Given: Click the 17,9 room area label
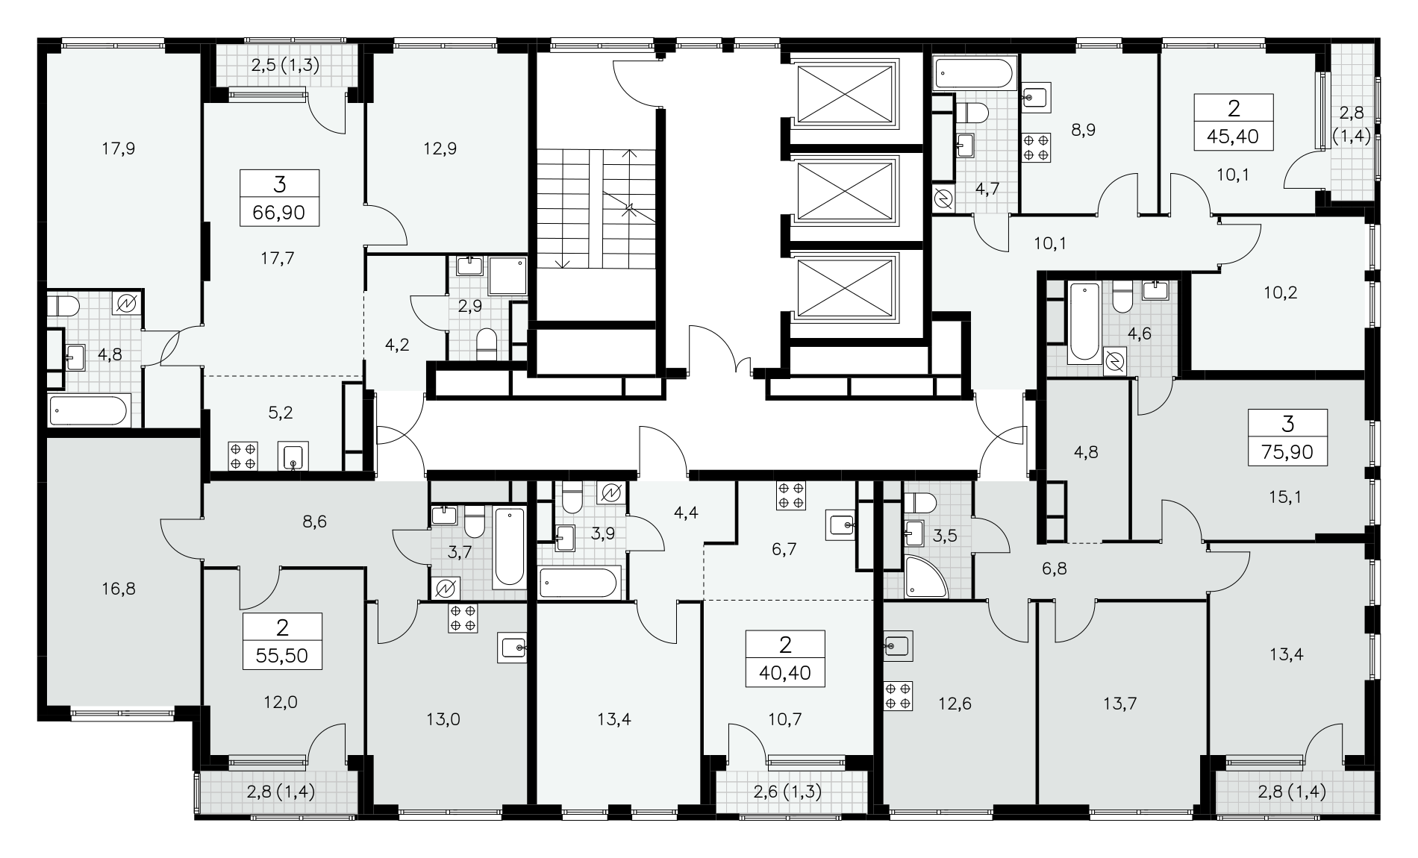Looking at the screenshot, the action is pyautogui.click(x=119, y=148).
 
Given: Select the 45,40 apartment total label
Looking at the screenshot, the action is pyautogui.click(x=1233, y=137).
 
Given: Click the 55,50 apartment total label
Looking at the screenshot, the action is pyautogui.click(x=282, y=657).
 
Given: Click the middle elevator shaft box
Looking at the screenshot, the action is pyautogui.click(x=846, y=191).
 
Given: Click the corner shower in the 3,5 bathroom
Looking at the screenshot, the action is pyautogui.click(x=926, y=577).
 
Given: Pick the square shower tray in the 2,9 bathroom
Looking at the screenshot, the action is pyautogui.click(x=507, y=275).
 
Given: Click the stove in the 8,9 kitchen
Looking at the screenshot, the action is pyautogui.click(x=1035, y=145).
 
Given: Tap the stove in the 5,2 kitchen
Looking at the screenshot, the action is pyautogui.click(x=243, y=457).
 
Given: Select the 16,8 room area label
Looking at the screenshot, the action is pyautogui.click(x=119, y=589).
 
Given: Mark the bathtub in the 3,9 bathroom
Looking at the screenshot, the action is pyautogui.click(x=579, y=583).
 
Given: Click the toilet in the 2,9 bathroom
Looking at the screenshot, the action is pyautogui.click(x=487, y=343).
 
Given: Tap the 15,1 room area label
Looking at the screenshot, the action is pyautogui.click(x=1284, y=496).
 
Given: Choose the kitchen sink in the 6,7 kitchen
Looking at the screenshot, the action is pyautogui.click(x=843, y=525).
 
